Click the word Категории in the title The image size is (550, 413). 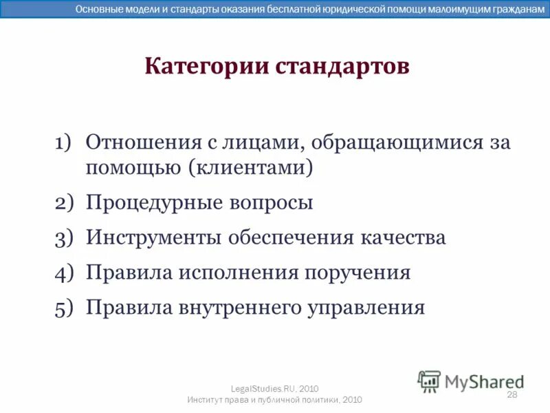[x=206, y=67]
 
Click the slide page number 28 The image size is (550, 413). [x=511, y=394]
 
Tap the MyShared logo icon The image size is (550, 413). [x=429, y=381]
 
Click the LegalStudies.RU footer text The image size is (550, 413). [x=274, y=389]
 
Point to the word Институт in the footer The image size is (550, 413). [x=207, y=400]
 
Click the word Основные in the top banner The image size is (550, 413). [x=96, y=9]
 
